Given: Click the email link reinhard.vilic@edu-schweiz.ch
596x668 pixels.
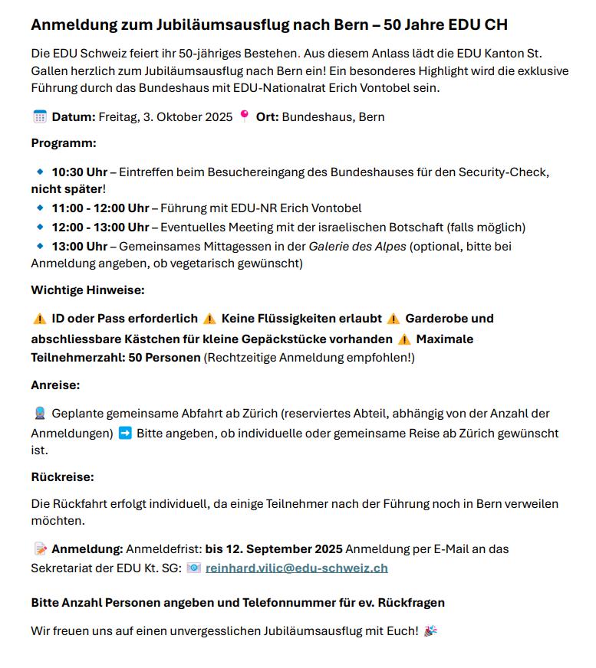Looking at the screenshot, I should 296,568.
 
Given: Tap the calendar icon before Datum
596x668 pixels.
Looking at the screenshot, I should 40,116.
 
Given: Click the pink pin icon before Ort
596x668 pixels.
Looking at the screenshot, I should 245,116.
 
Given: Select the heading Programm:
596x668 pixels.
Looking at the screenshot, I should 64,142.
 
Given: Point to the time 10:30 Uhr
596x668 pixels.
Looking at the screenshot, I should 80,172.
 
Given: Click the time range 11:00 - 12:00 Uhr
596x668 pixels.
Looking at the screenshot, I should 100,208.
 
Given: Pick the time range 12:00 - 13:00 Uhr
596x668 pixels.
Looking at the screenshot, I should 100,228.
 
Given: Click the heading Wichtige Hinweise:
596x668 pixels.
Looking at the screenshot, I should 87,290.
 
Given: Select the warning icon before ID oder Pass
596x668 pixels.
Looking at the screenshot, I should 40,319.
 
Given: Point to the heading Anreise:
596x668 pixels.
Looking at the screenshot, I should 55,385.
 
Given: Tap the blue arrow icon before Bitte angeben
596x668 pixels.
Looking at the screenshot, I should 125,433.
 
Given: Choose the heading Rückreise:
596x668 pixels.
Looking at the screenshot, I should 62,477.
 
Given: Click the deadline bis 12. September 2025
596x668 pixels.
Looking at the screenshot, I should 274,549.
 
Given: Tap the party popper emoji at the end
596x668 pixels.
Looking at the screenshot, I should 431,631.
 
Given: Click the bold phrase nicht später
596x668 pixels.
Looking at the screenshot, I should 66,188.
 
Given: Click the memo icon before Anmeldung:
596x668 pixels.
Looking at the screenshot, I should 40,549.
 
